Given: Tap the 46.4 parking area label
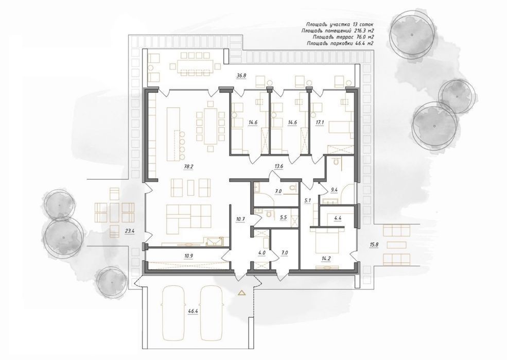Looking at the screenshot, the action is pos(193,312).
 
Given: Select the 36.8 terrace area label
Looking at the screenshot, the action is pos(241,76).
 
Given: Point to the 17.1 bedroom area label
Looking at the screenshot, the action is pos(320,123).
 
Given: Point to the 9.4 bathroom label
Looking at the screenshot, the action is pos(335,191).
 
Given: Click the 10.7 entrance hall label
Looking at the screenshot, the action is pos(240,219).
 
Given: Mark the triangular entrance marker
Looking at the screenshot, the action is pos(241,294).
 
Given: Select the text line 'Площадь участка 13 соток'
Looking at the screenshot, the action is pos(340,24).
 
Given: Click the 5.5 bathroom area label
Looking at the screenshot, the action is pos(283,218).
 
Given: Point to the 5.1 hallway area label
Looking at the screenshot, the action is pos(308,200).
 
